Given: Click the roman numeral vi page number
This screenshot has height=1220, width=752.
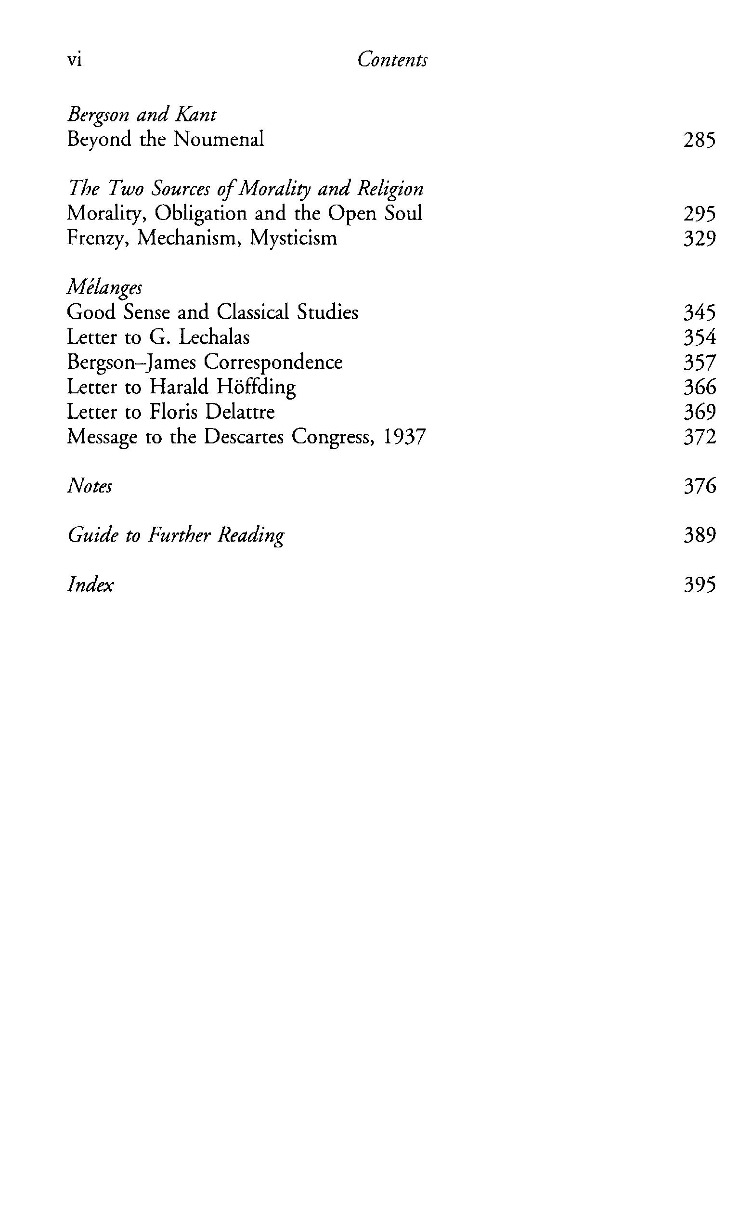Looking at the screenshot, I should (x=74, y=60).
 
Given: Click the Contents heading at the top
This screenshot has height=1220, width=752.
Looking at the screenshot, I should (x=392, y=60).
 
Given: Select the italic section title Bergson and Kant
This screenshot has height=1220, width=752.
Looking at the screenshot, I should (x=142, y=115).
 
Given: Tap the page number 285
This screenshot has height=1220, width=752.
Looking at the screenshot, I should (x=699, y=140).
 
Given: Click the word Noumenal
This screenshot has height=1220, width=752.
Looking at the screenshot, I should (x=219, y=139).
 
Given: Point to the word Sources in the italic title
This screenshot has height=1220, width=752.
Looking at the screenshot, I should (x=182, y=189).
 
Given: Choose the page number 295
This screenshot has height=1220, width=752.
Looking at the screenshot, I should (x=699, y=214).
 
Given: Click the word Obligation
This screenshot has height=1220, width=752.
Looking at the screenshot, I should (x=200, y=214).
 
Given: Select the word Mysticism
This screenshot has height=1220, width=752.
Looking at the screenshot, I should (x=294, y=238).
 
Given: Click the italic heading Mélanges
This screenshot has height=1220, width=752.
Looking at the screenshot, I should (x=104, y=287).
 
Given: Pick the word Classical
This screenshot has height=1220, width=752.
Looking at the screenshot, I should (x=253, y=312).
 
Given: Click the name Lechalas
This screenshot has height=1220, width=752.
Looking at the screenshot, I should (x=214, y=337).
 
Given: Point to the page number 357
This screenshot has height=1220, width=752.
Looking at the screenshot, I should (x=699, y=363).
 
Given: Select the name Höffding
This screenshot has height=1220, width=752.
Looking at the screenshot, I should (x=257, y=387).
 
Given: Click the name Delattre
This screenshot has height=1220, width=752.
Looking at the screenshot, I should (x=240, y=412).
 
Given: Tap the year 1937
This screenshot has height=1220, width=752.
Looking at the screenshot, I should (x=405, y=437).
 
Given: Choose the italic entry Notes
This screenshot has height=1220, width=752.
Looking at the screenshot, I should (x=90, y=486).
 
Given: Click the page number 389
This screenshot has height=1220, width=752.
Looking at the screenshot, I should (x=699, y=535).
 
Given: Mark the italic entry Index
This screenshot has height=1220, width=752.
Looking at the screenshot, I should (x=90, y=584).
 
